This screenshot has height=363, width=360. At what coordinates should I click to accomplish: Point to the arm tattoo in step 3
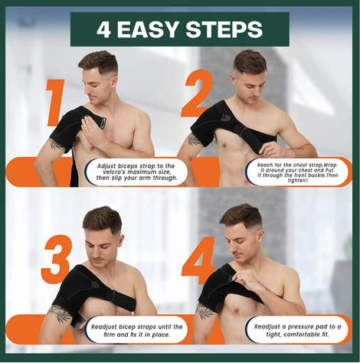58,314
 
